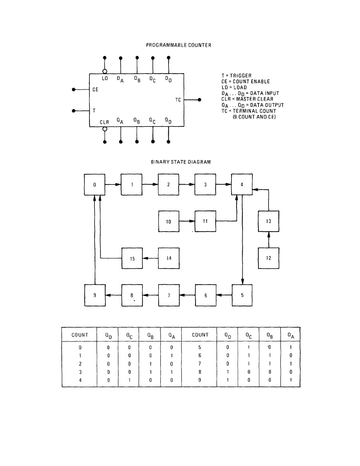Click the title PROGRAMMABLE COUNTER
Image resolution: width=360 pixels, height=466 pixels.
179,45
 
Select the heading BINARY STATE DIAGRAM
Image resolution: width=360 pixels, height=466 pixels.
181,162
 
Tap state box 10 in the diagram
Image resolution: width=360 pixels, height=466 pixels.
169,221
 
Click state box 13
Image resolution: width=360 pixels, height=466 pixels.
269,221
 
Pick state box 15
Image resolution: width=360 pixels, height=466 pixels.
132,258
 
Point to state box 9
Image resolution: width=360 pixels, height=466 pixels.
95,295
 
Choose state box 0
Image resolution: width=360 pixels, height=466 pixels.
95,184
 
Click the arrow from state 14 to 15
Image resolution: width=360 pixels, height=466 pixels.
150,258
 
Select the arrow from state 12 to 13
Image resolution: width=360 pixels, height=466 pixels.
269,239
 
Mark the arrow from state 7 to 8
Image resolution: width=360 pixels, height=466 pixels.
150,295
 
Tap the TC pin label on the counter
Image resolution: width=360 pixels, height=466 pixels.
178,100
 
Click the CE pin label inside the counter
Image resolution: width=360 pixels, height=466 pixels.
95,89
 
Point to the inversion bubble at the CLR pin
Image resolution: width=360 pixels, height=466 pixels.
105,129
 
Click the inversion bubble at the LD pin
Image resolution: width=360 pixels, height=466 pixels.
105,71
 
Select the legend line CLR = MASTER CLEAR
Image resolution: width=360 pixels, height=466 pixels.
247,99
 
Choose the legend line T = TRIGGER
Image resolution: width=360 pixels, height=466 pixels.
236,76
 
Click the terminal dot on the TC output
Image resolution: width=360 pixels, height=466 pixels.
199,100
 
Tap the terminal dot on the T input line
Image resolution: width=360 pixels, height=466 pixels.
74,111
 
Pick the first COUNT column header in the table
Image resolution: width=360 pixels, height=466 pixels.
80,335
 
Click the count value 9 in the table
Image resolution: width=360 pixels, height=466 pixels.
200,380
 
